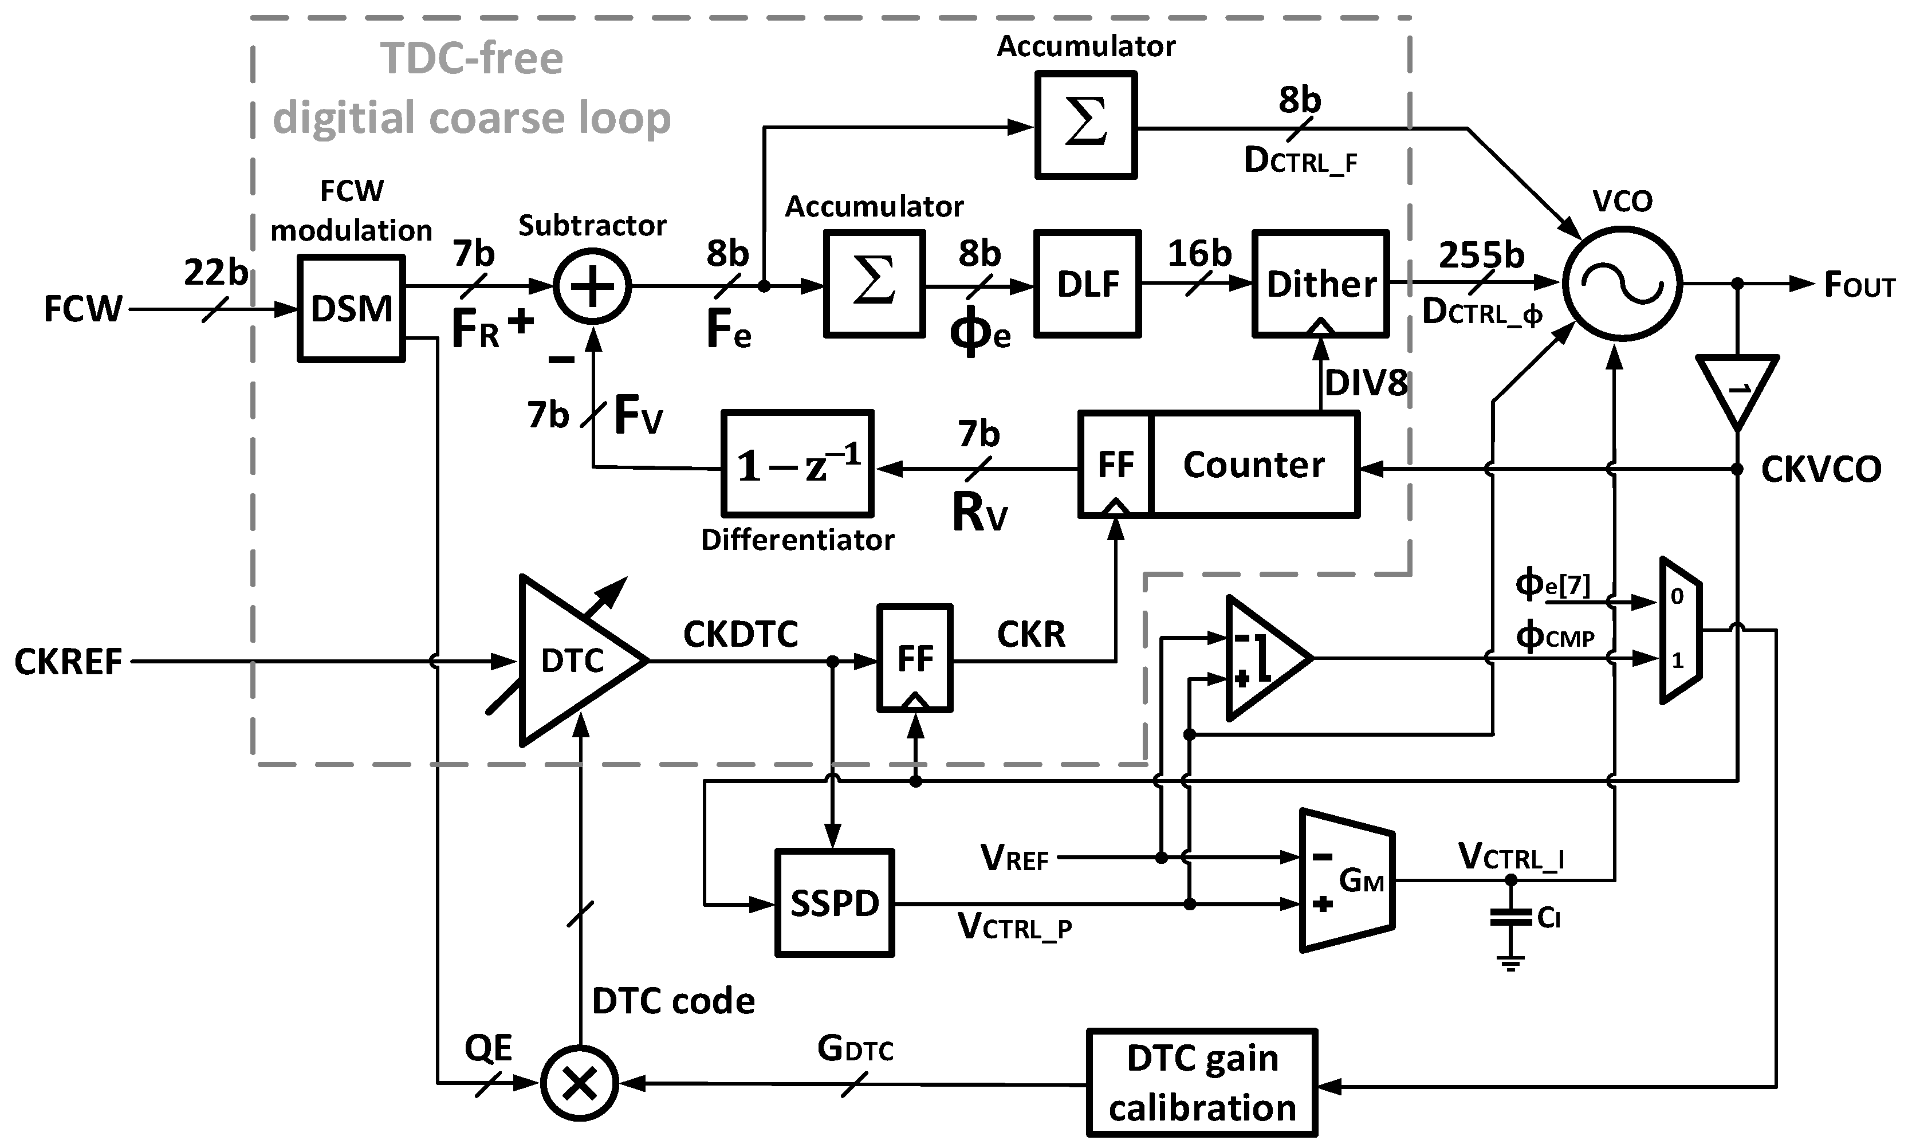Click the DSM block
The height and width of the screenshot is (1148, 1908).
pos(351,308)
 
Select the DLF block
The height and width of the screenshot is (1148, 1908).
pos(1087,284)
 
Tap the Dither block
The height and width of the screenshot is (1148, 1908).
pos(1321,284)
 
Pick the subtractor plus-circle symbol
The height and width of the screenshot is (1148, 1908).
pos(592,287)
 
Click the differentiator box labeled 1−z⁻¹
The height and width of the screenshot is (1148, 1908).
pos(797,464)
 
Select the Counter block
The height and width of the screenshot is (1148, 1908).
pos(1253,464)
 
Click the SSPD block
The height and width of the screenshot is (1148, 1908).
pos(835,903)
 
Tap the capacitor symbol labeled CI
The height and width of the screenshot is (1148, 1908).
pos(1510,918)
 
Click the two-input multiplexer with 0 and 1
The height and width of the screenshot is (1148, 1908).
pos(1680,631)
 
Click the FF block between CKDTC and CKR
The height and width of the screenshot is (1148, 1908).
pos(914,658)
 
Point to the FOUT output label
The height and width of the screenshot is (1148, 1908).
pos(1859,285)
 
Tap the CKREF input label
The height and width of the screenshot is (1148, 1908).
pos(68,662)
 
